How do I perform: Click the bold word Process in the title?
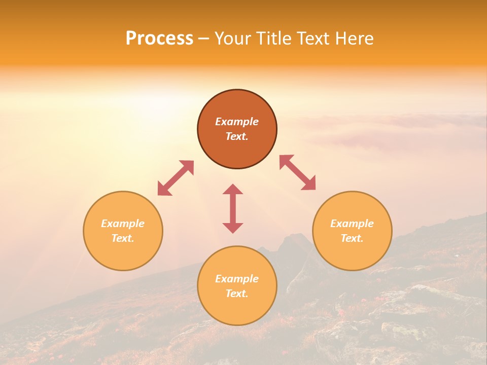point(159,39)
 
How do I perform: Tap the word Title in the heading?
point(276,39)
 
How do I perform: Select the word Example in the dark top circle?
point(237,122)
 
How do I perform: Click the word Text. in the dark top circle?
point(237,136)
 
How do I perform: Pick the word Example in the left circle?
point(123,224)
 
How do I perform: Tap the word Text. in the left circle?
point(123,238)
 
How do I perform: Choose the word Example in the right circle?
point(352,224)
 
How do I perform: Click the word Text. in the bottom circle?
point(237,294)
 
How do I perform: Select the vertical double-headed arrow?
point(233,208)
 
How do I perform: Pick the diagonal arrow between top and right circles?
point(298,172)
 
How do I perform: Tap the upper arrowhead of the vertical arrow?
point(233,190)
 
